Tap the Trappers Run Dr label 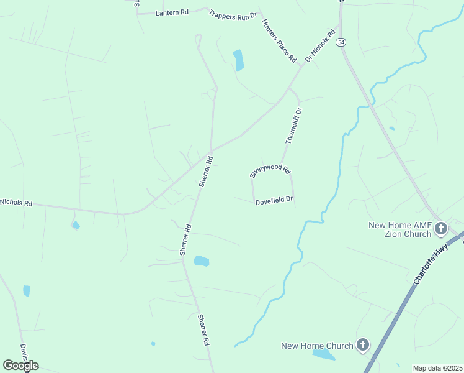(x=233, y=15)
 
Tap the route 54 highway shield (x=342, y=42)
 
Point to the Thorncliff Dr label (x=294, y=126)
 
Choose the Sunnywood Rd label (x=270, y=171)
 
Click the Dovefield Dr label (x=274, y=201)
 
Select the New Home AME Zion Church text (x=399, y=229)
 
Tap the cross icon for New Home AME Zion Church (x=441, y=229)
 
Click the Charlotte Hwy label (x=431, y=264)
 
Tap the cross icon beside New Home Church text (x=363, y=345)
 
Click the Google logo (x=20, y=366)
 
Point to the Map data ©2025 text (x=438, y=368)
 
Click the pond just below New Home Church (x=323, y=356)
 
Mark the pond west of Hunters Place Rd (x=238, y=60)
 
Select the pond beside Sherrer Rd (x=201, y=261)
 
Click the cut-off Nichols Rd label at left (x=16, y=203)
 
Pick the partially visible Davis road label (x=24, y=352)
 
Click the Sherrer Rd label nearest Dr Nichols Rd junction (x=206, y=172)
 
